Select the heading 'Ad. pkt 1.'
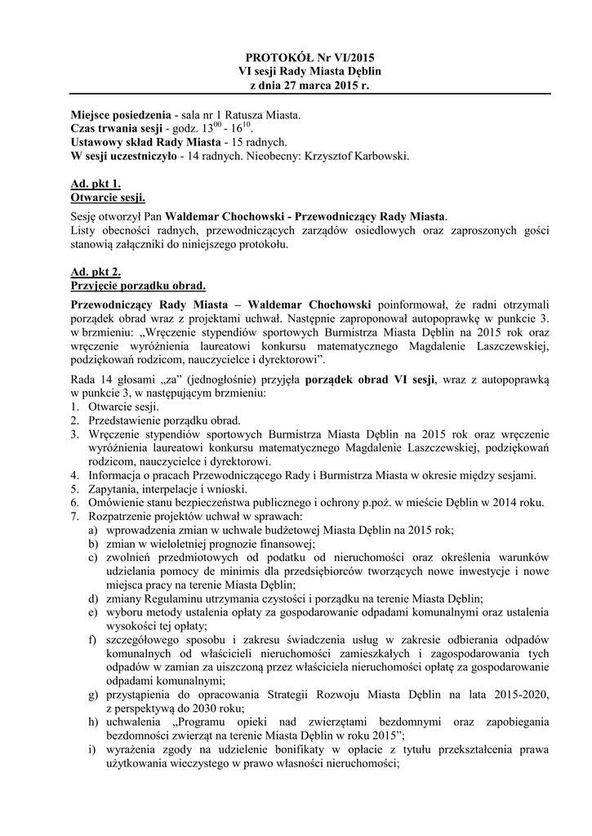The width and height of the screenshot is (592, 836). [x=91, y=185]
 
